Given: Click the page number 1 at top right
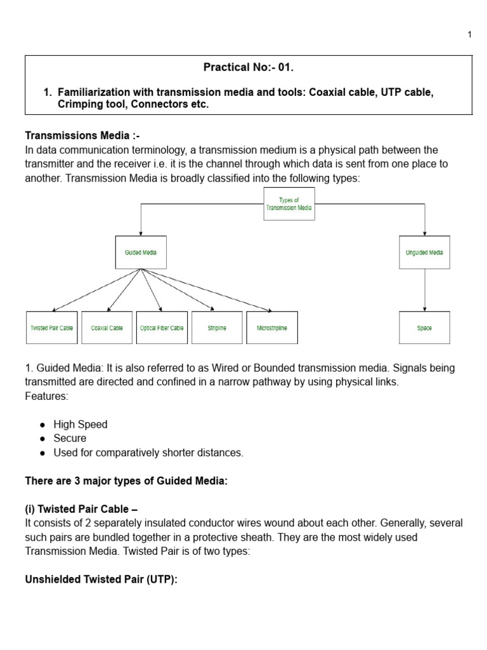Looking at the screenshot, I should [x=469, y=35].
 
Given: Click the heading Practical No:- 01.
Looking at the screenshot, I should [x=249, y=67].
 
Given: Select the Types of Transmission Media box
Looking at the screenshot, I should [x=289, y=204].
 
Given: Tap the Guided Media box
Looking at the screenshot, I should [x=141, y=252].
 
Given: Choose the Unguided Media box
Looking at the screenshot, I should [x=424, y=252].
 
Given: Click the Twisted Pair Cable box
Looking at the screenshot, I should [x=51, y=328].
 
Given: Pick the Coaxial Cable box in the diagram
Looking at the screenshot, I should [x=107, y=328].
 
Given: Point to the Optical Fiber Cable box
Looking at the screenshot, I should [x=162, y=328].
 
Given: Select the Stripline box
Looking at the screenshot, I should [x=217, y=328].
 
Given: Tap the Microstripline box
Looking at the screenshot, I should [x=271, y=328].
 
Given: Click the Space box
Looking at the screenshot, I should [x=424, y=328].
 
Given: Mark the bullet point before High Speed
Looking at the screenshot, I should [x=42, y=425].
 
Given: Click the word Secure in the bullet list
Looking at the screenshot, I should [x=70, y=439].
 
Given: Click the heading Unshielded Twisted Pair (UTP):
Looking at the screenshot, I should [x=101, y=580].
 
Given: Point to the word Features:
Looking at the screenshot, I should [x=46, y=396].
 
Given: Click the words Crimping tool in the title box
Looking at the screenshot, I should [x=88, y=105].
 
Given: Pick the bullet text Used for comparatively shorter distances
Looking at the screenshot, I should [x=148, y=453].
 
